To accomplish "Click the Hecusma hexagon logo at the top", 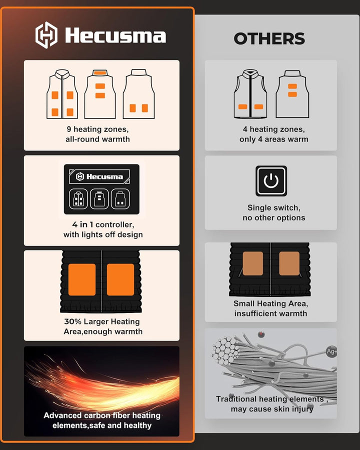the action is point(46,35).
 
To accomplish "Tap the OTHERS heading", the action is point(269,38).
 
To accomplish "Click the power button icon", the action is point(271,181).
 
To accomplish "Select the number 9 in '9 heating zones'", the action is point(69,129).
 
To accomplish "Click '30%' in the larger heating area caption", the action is point(72,321).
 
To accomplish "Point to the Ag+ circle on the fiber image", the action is point(331,351).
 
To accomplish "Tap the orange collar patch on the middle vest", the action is point(100,72).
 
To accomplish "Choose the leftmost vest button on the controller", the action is point(78,199).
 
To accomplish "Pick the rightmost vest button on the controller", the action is point(120,199).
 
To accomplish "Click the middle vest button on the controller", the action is point(99,199).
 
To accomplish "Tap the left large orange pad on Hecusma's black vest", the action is point(82,279).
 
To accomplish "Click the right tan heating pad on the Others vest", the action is point(289,263).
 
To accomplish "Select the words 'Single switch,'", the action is point(274,208).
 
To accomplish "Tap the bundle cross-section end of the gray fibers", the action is point(225,351).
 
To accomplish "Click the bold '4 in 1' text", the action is point(82,224).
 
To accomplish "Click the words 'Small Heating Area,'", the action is point(270,303).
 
